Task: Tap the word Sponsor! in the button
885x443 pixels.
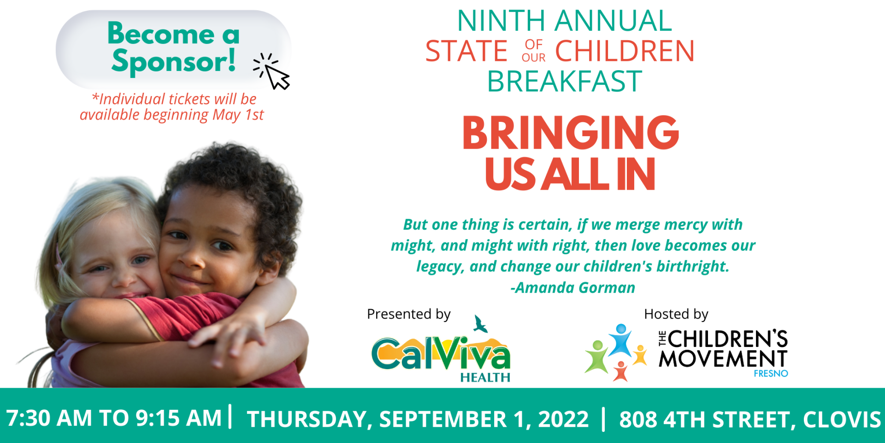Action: (x=173, y=61)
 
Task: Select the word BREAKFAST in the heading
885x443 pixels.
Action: (x=565, y=82)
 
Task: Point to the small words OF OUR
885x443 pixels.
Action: (x=534, y=51)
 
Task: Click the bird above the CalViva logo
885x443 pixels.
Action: (x=480, y=324)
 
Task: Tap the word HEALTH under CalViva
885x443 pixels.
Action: (x=485, y=377)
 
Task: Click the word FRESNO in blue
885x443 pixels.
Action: (x=771, y=373)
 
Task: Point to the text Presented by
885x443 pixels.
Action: (x=409, y=314)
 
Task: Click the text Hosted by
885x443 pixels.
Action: (x=676, y=314)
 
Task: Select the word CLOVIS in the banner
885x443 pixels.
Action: (x=842, y=419)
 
